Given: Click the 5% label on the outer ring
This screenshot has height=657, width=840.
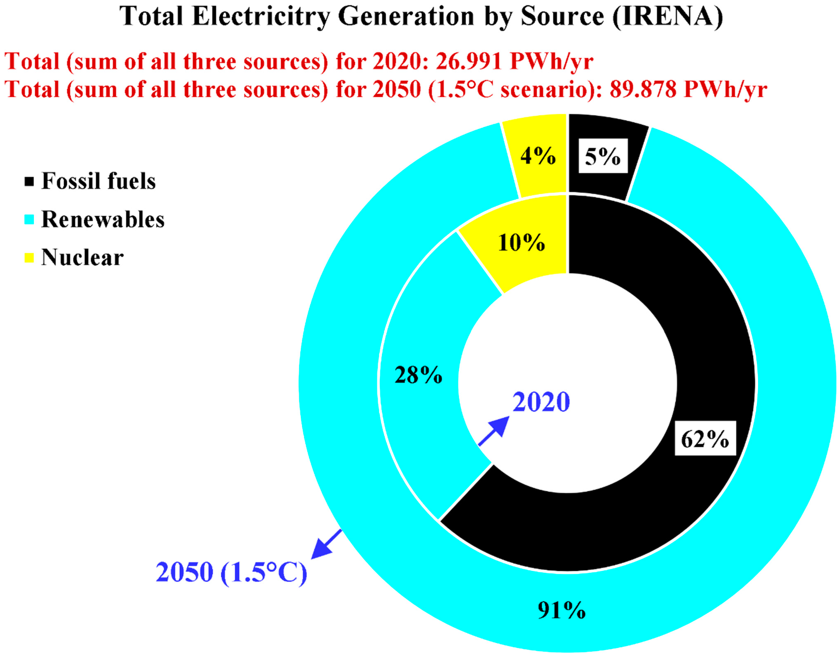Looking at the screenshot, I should pyautogui.click(x=603, y=156).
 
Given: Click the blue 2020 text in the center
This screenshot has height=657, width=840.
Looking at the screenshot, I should pyautogui.click(x=541, y=402).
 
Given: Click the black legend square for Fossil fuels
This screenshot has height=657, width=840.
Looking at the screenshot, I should pyautogui.click(x=29, y=181).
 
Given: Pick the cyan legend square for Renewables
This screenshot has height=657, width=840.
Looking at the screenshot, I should pyautogui.click(x=29, y=220).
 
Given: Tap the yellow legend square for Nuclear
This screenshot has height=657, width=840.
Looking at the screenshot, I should pyautogui.click(x=29, y=258).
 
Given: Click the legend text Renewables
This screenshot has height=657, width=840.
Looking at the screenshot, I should pyautogui.click(x=103, y=220).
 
